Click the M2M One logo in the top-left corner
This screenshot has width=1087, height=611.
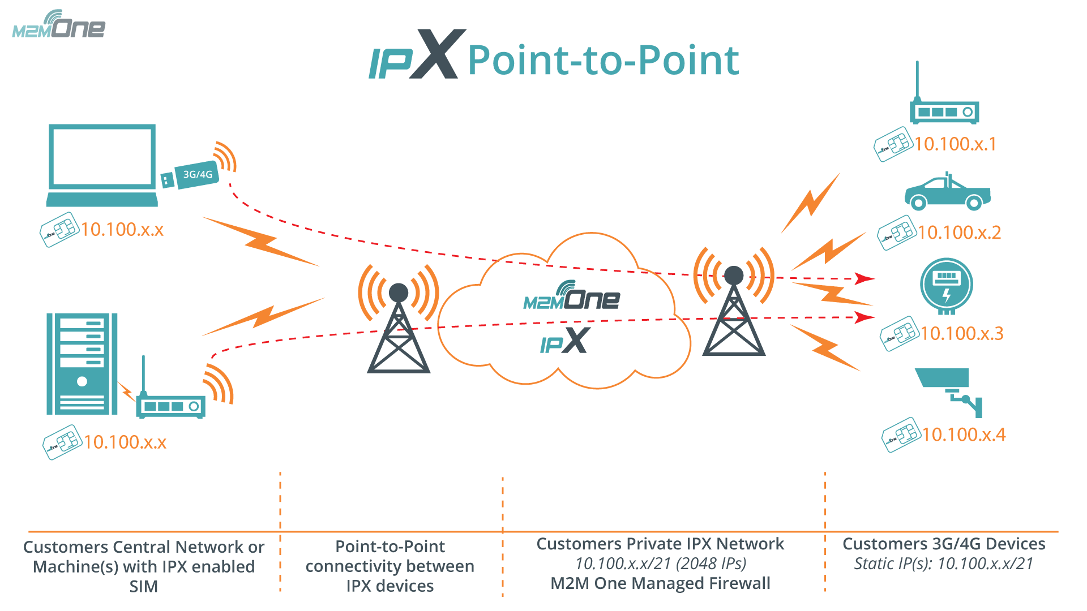click(x=59, y=25)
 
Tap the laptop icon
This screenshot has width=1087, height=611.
click(x=102, y=164)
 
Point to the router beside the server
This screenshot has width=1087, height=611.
click(x=170, y=403)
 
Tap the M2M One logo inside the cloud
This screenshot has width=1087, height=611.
click(x=572, y=297)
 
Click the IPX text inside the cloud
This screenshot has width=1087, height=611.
click(x=565, y=341)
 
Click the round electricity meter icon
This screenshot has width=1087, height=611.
click(x=946, y=285)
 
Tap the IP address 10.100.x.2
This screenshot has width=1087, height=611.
click(x=959, y=233)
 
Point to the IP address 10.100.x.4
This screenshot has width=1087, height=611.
click(x=964, y=434)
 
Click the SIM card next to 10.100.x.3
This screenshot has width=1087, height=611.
click(x=899, y=334)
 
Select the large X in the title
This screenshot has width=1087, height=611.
click(x=435, y=54)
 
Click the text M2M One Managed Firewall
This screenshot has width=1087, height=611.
click(x=660, y=583)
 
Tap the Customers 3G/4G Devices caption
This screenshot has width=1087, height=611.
click(x=944, y=544)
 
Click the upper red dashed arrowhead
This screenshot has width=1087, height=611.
click(x=865, y=278)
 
